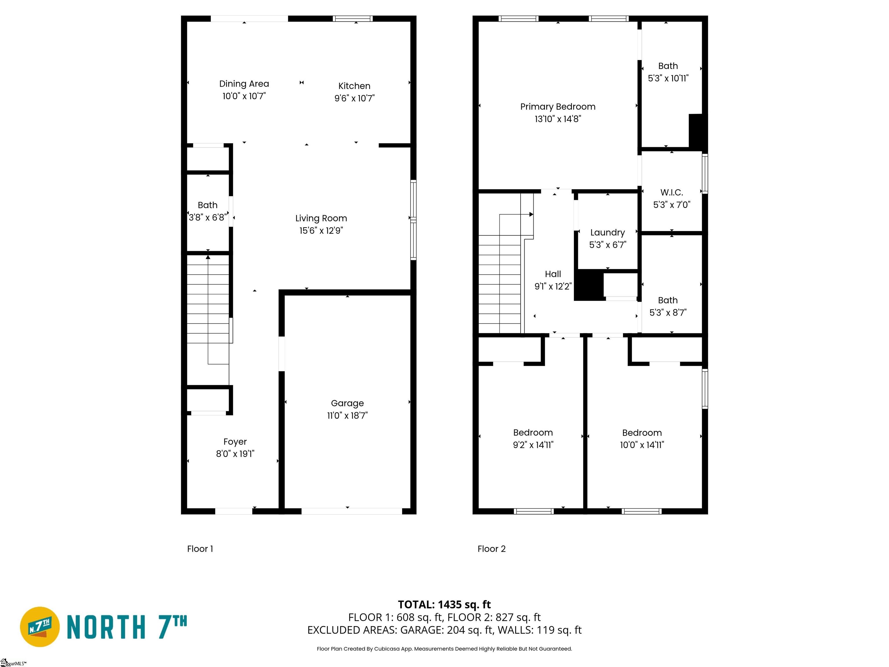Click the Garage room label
tap(347, 403)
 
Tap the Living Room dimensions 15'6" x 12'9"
tap(321, 231)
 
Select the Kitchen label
tap(354, 86)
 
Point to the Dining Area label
tap(244, 84)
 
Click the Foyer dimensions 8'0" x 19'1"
tap(235, 454)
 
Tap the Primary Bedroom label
tap(558, 107)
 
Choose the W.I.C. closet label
tap(672, 193)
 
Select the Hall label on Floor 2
tap(553, 274)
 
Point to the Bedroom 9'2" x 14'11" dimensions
tap(533, 445)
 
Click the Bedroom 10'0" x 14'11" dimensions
tap(642, 445)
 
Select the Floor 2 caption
tap(491, 549)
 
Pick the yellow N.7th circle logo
tap(40, 627)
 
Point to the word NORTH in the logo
tap(106, 627)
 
